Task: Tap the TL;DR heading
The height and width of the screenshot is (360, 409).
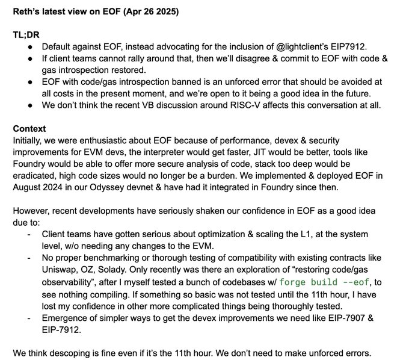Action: point(26,35)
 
